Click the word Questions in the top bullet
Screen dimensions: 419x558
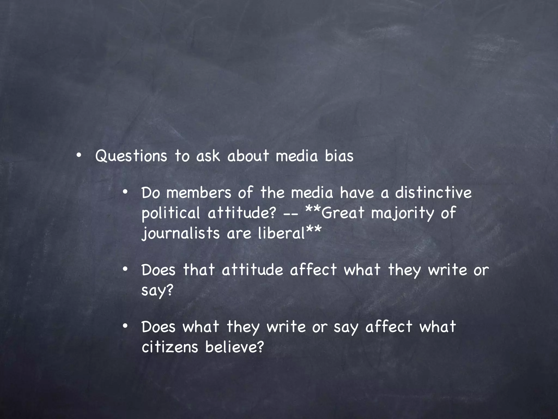pyautogui.click(x=131, y=156)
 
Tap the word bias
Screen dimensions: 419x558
pyautogui.click(x=339, y=156)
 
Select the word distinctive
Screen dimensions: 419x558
pyautogui.click(x=433, y=193)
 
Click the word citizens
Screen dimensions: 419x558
pyautogui.click(x=170, y=347)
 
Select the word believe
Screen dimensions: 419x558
pyautogui.click(x=235, y=347)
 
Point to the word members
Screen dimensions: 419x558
pyautogui.click(x=199, y=193)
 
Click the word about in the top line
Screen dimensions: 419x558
pyautogui.click(x=248, y=156)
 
